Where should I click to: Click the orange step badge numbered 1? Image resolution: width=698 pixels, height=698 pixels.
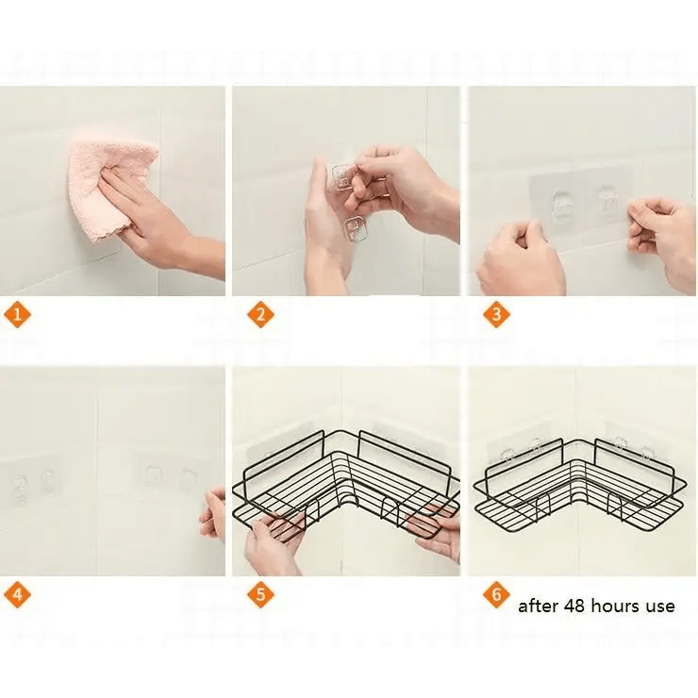point(17,315)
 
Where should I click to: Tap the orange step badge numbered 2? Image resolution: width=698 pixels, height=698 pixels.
point(261,315)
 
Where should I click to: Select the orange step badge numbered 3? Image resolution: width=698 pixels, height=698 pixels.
point(496,315)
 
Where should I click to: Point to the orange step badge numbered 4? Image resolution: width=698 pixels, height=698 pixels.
point(17,594)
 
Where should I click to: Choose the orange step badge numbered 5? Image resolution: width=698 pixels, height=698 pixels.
point(261,594)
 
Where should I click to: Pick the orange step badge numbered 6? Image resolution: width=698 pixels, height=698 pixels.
point(496,594)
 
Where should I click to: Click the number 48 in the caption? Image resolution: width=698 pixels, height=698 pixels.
point(572,606)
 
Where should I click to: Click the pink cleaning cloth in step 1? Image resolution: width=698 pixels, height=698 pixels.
point(111,187)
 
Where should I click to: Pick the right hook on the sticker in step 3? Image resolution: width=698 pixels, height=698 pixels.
point(608,200)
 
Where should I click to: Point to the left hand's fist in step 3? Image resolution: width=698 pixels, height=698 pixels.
point(519,258)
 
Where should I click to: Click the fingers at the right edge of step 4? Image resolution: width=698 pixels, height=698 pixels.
point(214,515)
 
